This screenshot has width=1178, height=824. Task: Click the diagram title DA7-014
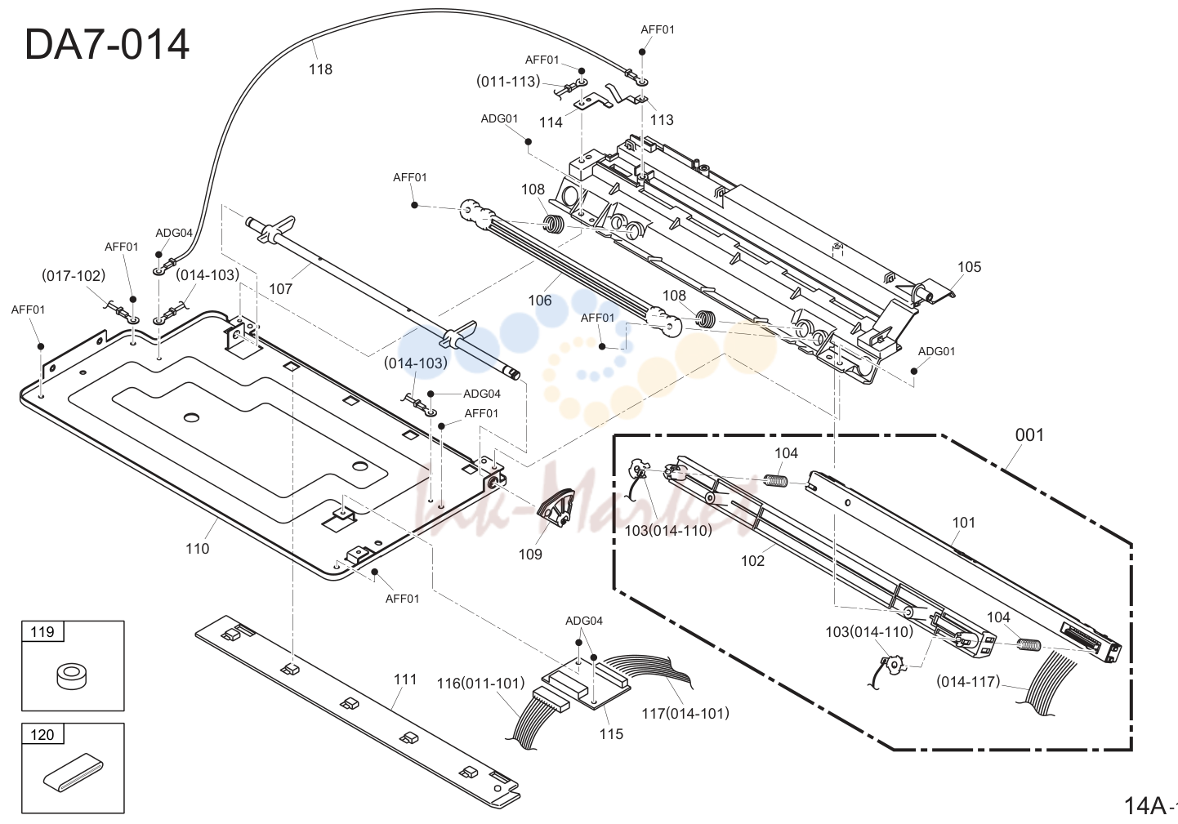tap(107, 45)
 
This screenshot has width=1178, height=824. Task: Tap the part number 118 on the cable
tap(320, 69)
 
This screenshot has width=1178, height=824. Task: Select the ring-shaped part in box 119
tap(72, 675)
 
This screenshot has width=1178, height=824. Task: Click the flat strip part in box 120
tap(74, 773)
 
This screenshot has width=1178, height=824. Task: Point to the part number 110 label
tap(197, 549)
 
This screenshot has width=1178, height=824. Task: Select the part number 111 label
tap(405, 679)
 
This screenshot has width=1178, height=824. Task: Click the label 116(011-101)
tap(480, 683)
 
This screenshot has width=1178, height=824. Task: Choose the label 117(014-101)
tap(685, 714)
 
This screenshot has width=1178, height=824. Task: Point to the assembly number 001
tap(1029, 435)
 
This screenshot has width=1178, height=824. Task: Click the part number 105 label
tap(969, 267)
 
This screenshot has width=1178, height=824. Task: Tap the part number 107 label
tap(280, 289)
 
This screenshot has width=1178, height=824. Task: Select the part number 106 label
tap(540, 301)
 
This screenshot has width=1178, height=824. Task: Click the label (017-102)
tap(74, 275)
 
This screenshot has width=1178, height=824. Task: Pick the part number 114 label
tap(551, 122)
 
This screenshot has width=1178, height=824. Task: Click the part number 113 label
tap(662, 120)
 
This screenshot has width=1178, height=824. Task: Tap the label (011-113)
tap(509, 82)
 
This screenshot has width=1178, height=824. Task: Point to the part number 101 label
tap(963, 523)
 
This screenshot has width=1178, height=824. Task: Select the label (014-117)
tap(968, 682)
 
